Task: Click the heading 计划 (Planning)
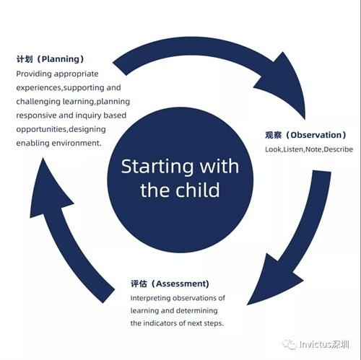[x=50, y=59]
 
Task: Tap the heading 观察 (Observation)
[x=305, y=135]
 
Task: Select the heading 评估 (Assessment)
[x=170, y=284]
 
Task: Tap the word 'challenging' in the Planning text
[x=38, y=102]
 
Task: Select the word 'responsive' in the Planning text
[x=36, y=115]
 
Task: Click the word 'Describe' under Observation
[x=339, y=149]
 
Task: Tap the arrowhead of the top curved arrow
[x=284, y=84]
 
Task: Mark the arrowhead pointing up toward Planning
[x=48, y=190]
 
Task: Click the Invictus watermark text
[x=324, y=344]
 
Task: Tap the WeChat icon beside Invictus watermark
[x=290, y=344]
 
